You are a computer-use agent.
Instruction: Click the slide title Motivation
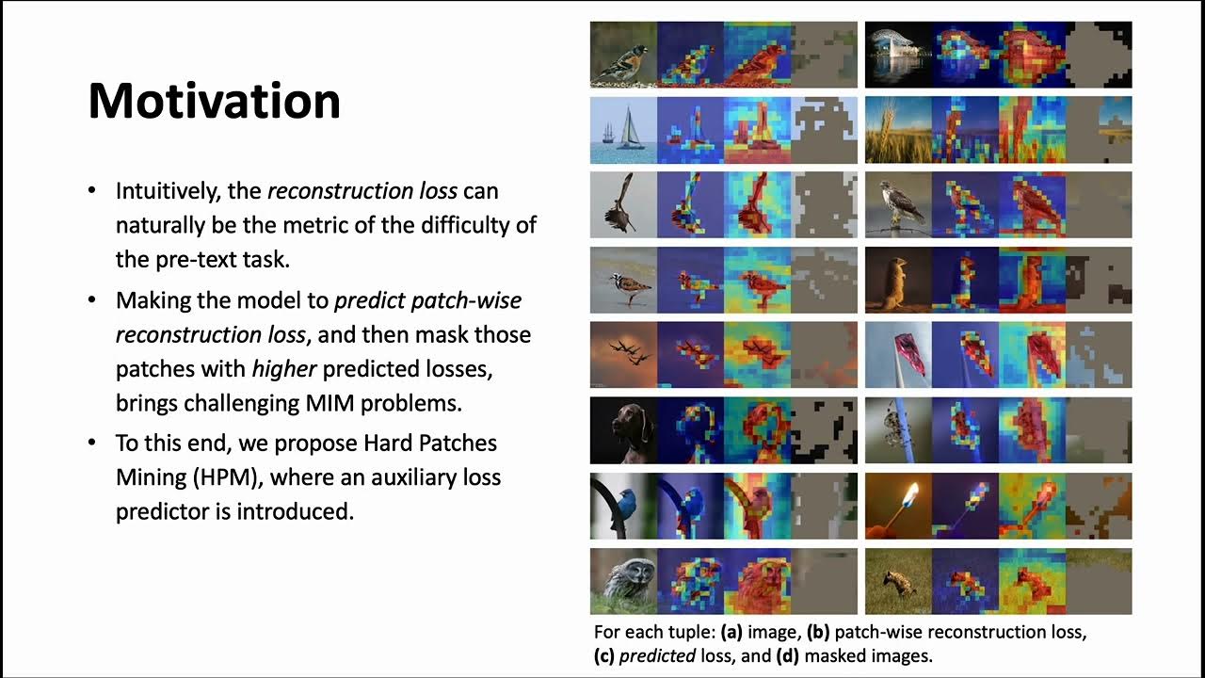click(214, 101)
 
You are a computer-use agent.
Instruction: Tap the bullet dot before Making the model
click(92, 300)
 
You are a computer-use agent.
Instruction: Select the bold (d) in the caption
click(788, 655)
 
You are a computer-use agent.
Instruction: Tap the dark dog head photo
click(623, 429)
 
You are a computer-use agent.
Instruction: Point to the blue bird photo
click(623, 506)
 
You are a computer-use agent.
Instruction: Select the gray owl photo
click(623, 580)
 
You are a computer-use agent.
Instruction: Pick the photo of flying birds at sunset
click(623, 355)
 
